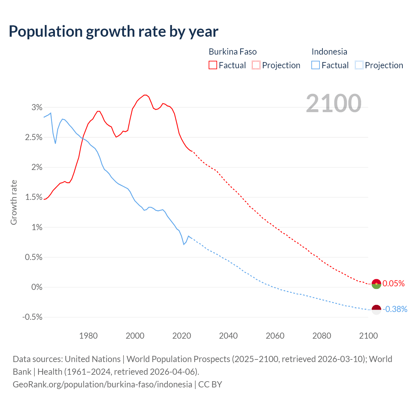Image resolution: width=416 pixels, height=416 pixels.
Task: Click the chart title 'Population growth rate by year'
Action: point(113,32)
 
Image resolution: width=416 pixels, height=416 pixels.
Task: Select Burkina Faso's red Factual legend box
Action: point(213,65)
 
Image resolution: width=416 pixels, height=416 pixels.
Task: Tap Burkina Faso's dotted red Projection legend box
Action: point(256,65)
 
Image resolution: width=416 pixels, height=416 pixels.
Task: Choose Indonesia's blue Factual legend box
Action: point(316,65)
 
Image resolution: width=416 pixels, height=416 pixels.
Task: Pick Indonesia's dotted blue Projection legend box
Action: point(359,65)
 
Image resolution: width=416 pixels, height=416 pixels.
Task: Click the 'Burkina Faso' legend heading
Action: point(233,52)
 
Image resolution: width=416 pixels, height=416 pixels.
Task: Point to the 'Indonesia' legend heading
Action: point(329,52)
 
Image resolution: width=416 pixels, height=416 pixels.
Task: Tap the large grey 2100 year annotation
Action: point(333,103)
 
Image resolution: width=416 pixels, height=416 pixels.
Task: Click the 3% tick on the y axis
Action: point(37,107)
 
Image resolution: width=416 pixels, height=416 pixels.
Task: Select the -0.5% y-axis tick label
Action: point(32,317)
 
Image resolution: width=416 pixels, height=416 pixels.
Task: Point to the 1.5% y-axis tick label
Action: point(34,197)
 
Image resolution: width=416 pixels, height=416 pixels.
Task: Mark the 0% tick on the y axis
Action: point(37,287)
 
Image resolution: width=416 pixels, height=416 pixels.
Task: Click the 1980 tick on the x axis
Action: point(88,336)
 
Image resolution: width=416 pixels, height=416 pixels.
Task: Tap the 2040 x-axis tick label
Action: point(228,336)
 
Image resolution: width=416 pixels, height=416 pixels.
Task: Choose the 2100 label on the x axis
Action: point(368,336)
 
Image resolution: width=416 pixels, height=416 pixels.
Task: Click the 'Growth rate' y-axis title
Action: point(14,202)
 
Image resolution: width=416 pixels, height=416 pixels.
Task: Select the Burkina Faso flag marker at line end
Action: point(376,284)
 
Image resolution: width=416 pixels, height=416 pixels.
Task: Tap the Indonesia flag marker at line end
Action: point(376,310)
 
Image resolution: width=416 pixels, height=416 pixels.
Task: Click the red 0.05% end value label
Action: point(394,284)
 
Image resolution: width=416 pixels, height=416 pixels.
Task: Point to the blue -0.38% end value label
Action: point(395,309)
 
